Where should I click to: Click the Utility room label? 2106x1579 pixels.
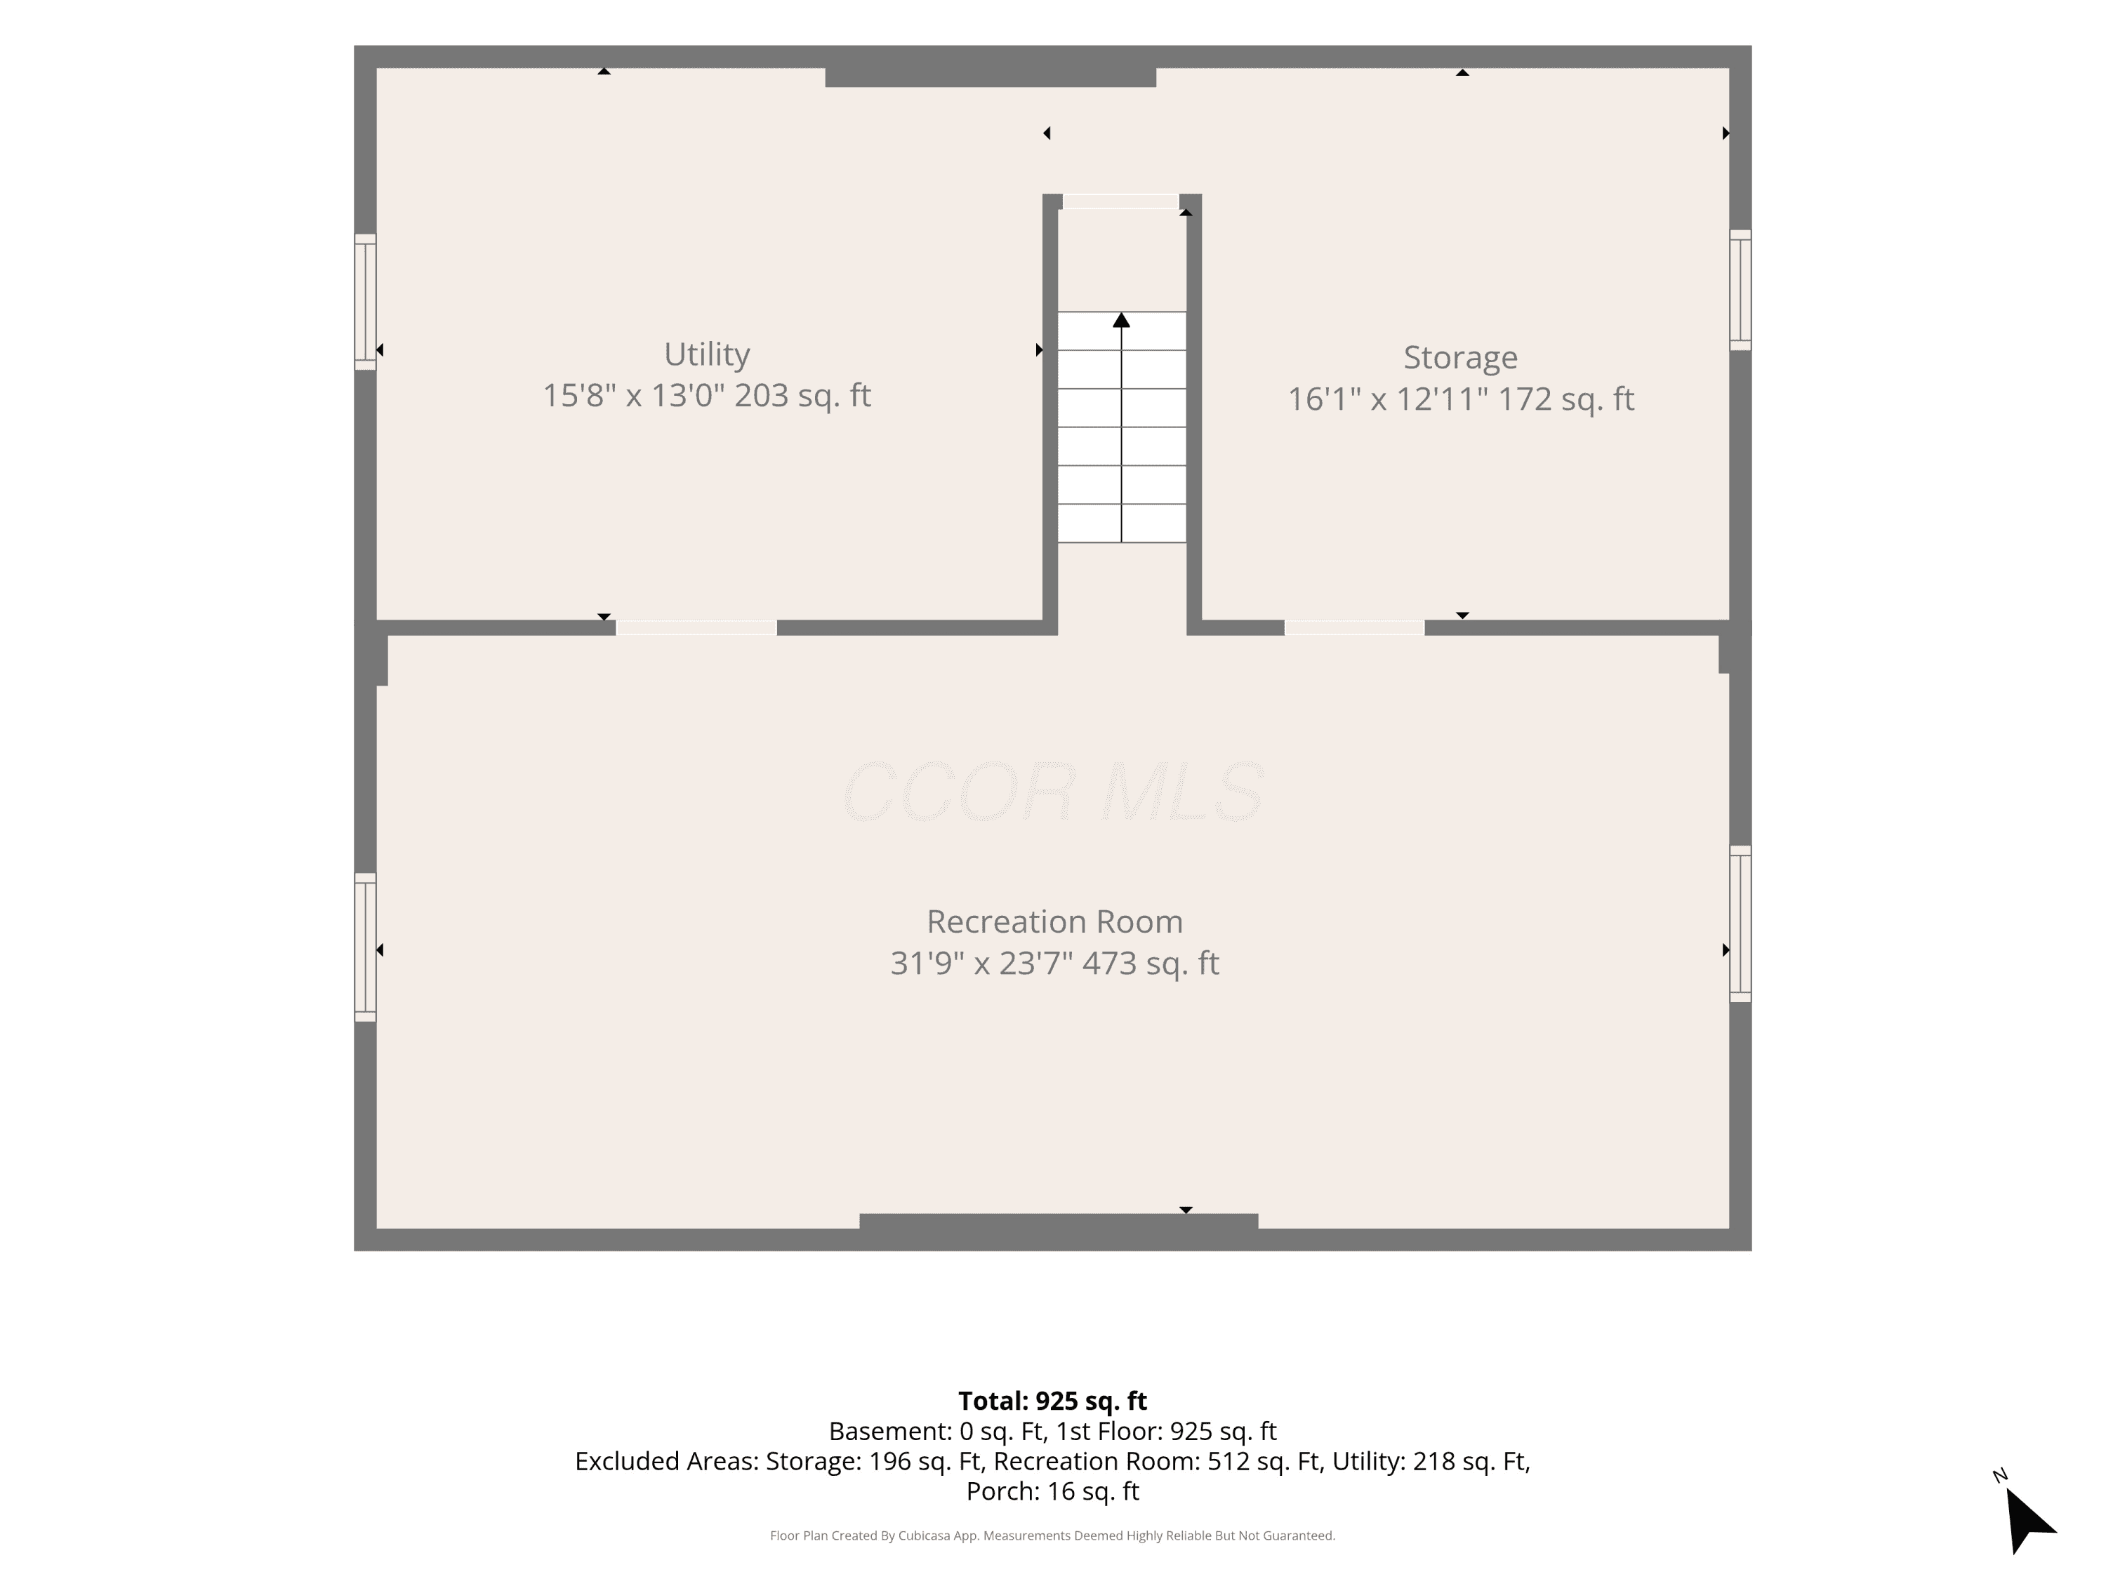click(x=706, y=354)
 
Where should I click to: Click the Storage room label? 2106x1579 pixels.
click(x=1460, y=358)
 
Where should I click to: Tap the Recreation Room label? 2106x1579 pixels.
click(x=1055, y=921)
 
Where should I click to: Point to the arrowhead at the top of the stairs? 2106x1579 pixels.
click(x=1122, y=320)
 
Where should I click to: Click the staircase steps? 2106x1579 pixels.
click(x=1122, y=427)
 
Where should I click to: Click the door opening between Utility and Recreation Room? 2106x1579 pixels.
click(x=696, y=628)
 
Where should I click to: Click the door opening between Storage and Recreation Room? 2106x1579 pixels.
click(x=1354, y=628)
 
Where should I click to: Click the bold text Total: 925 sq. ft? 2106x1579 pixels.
click(x=1053, y=1401)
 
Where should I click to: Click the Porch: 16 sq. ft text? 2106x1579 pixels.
click(x=1053, y=1491)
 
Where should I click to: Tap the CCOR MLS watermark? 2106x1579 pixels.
click(x=1054, y=792)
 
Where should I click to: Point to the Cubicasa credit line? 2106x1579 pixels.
click(x=1053, y=1535)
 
